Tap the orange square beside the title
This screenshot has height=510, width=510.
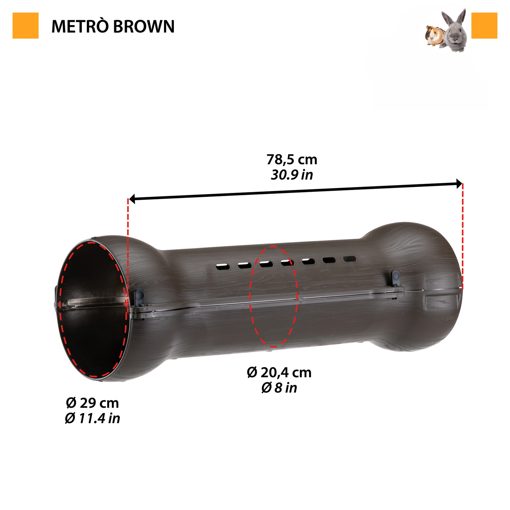26,26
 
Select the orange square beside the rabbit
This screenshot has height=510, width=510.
484,26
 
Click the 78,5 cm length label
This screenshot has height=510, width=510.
292,159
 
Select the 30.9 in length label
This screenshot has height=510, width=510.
292,175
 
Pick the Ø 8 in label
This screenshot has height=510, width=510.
279,388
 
